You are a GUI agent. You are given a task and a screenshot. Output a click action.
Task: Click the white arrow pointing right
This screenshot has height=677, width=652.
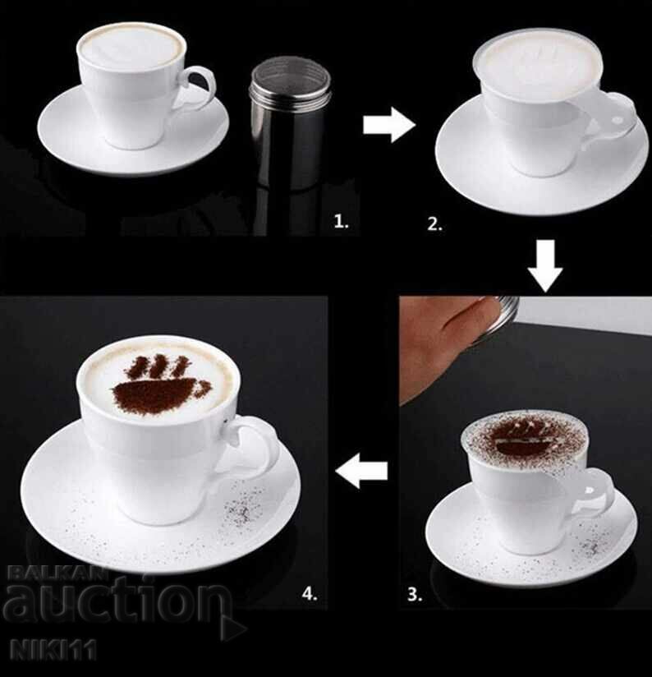point(388,126)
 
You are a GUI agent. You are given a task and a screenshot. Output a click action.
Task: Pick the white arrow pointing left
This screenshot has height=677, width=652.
point(362,471)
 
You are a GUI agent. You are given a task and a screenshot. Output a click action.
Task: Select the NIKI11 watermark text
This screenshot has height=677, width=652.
point(49,652)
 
